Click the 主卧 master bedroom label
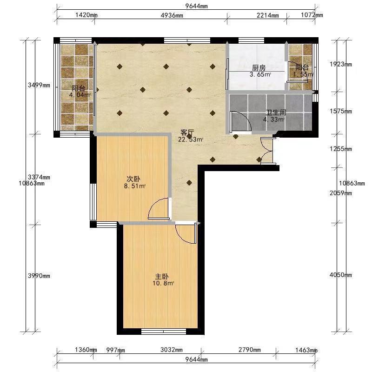(x=162, y=276)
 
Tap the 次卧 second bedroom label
(x=133, y=179)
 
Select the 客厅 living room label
(x=187, y=133)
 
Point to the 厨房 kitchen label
(x=259, y=68)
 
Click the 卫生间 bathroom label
(x=276, y=113)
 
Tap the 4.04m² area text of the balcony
(x=80, y=95)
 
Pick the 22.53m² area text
(x=191, y=139)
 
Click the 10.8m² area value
(x=164, y=283)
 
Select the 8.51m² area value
(x=134, y=186)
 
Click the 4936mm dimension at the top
(x=172, y=15)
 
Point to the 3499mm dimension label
(x=39, y=85)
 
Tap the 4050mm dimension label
(x=341, y=275)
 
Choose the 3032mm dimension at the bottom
(x=172, y=350)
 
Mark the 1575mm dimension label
(x=341, y=111)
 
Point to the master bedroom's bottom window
(x=164, y=331)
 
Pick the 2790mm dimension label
(x=249, y=350)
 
